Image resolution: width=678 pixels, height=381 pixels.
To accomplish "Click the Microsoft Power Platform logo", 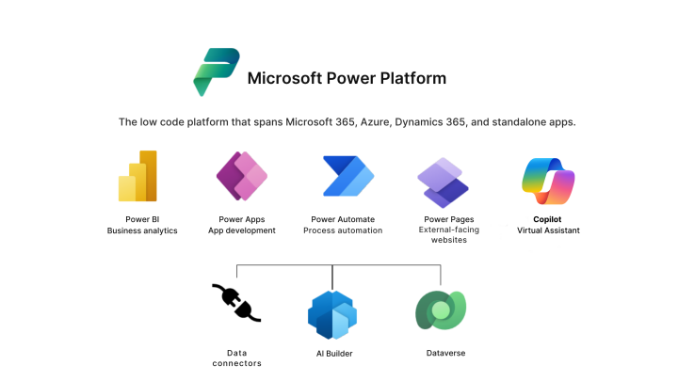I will pos(216,71).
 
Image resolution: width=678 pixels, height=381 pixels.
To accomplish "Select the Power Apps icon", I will pos(242,176).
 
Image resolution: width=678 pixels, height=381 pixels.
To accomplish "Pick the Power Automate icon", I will pos(347,177).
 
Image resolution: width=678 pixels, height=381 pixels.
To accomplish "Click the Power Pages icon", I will pos(443,182).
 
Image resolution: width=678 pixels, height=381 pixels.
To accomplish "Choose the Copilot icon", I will pos(548,181).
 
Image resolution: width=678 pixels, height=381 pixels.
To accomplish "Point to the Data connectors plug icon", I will pos(236,303).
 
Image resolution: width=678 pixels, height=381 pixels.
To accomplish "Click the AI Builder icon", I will pos(332,313).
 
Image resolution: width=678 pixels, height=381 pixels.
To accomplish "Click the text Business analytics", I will pos(142,230).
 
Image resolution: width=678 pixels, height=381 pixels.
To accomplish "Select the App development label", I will pos(242,230).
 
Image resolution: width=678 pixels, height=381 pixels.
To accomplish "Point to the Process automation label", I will pos(343,230).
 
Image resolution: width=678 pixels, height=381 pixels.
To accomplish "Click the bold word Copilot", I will pos(548,219).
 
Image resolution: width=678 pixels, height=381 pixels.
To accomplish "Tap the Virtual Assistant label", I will pos(548,230).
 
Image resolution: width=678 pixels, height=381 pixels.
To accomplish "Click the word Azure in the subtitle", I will pos(371,122).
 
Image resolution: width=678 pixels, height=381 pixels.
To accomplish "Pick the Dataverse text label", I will pos(445,353).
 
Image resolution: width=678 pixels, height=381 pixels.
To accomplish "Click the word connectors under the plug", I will pos(237,363).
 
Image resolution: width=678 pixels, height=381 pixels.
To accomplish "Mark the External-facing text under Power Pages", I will pos(448,229).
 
